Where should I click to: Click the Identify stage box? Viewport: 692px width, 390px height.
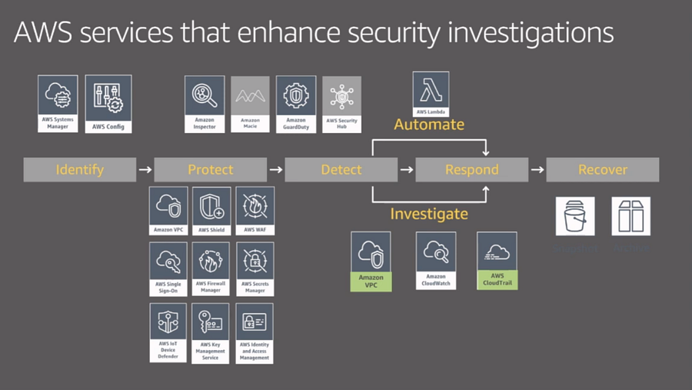[79, 169]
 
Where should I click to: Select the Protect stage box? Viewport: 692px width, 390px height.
[210, 169]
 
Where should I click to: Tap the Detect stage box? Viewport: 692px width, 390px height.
[341, 169]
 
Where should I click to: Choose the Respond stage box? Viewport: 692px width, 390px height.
[472, 169]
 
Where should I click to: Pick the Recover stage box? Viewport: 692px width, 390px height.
[602, 169]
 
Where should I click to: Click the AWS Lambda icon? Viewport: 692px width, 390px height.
[431, 92]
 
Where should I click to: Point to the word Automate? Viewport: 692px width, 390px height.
[429, 124]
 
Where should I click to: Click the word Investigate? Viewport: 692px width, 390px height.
[429, 213]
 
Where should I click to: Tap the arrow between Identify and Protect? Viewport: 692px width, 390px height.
[143, 169]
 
